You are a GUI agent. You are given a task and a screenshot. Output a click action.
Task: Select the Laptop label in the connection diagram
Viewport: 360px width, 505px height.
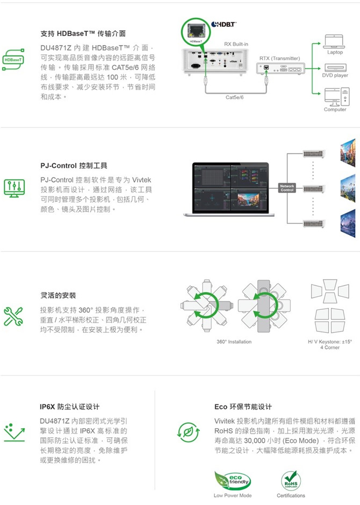(x=335, y=52)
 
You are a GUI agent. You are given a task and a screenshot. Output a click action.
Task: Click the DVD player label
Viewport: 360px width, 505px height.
(x=335, y=76)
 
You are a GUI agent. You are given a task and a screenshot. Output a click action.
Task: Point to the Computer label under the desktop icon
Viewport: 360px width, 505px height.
(x=335, y=110)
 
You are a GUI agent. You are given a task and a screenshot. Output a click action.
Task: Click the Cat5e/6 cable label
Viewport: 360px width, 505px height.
(x=234, y=97)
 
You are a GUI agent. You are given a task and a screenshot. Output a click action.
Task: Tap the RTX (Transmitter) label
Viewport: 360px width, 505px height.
(x=279, y=58)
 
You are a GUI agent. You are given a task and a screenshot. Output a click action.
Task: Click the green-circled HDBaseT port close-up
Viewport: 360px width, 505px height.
(x=196, y=32)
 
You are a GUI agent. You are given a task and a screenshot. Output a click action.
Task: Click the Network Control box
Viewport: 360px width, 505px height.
(x=287, y=188)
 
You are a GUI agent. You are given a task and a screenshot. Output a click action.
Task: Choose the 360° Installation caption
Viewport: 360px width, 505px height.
(x=234, y=342)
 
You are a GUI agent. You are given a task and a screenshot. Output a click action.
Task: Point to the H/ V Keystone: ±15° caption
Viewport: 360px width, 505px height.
(x=329, y=342)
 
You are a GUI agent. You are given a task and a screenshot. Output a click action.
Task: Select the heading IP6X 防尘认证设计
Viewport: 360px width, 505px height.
(x=69, y=407)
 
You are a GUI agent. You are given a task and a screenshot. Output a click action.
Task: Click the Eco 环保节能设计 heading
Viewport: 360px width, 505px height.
(x=243, y=407)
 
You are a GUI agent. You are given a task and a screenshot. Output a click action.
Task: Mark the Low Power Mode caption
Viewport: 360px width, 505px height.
(x=232, y=495)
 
